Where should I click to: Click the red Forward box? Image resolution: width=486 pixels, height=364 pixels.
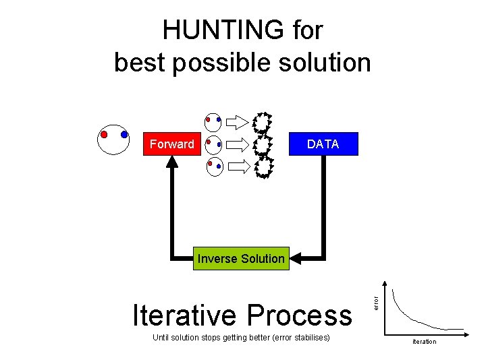coord(171,144)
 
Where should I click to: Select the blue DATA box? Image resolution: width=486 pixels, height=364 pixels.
coord(323,144)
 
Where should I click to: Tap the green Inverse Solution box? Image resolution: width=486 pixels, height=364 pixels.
coord(241,258)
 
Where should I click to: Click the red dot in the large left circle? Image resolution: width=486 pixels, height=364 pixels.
coord(103,134)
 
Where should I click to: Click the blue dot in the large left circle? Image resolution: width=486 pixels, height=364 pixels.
coord(124,134)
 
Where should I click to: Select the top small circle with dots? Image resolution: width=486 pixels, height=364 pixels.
coord(213,122)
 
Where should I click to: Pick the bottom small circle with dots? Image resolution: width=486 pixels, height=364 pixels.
coord(214,166)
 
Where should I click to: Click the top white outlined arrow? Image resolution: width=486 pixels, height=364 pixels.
coord(237,122)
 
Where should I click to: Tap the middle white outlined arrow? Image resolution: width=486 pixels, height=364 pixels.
coord(237,144)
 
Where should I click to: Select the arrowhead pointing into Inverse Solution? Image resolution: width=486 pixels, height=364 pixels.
coord(296,258)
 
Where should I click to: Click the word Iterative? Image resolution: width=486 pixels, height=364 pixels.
coord(184,315)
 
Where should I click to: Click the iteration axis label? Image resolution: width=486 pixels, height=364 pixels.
coord(424,342)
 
